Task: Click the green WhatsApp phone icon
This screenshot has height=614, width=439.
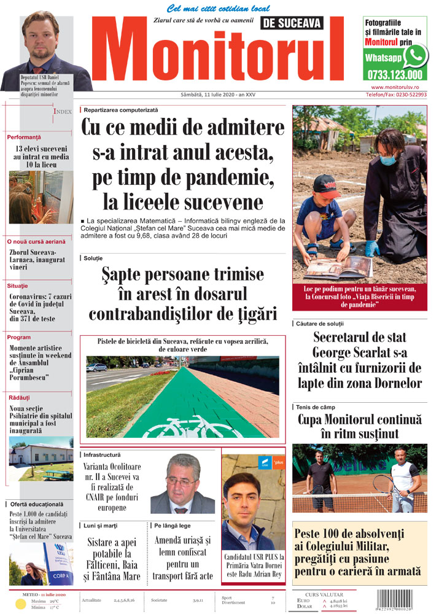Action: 416,56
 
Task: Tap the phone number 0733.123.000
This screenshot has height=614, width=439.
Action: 394,75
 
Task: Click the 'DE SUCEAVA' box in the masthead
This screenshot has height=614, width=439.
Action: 291,23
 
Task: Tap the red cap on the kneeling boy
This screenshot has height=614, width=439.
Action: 325,183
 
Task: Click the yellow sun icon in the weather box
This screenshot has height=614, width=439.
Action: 20,604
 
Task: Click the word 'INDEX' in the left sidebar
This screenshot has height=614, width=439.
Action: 63,112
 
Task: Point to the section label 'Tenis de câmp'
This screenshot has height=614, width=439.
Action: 318,407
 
